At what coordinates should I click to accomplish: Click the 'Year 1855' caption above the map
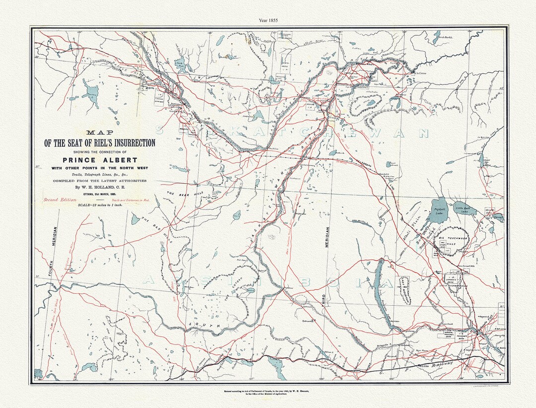click(268, 20)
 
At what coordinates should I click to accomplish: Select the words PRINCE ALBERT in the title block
click(99, 160)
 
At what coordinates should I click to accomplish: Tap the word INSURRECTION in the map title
click(127, 143)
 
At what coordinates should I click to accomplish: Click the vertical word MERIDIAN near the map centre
click(328, 243)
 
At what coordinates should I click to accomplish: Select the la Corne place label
click(421, 73)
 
